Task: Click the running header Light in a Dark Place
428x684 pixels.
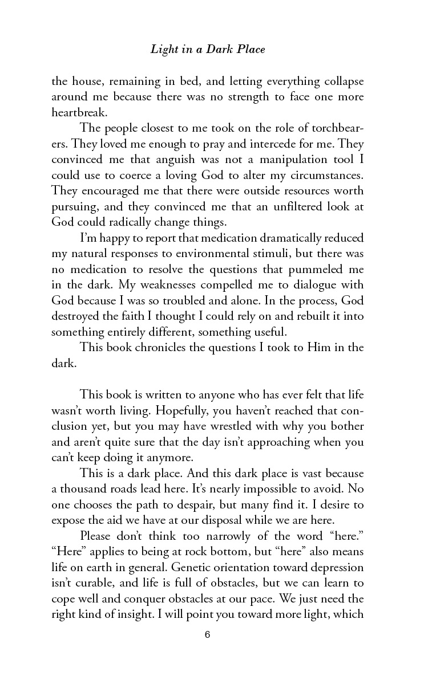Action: tap(208, 50)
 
